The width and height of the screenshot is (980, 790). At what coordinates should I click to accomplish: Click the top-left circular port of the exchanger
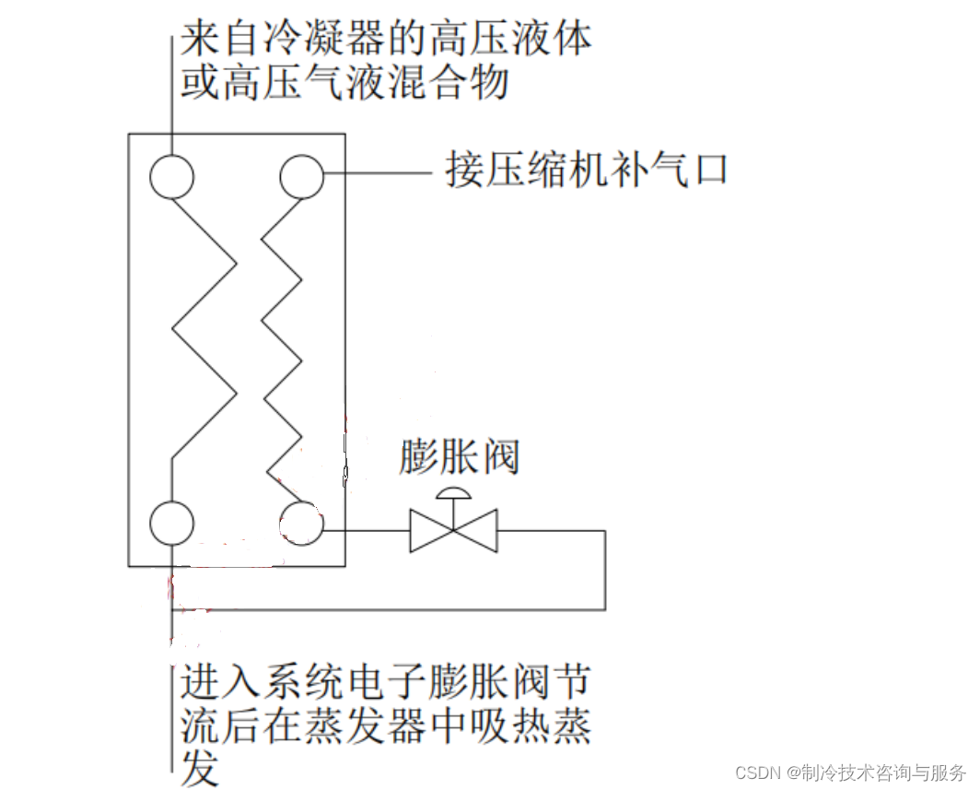(172, 176)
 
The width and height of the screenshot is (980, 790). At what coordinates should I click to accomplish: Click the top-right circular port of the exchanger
(301, 176)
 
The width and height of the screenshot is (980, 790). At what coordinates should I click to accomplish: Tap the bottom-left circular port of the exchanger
(172, 522)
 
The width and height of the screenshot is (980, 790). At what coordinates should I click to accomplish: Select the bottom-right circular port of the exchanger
(301, 522)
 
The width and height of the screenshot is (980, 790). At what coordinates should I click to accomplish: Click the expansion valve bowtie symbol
(453, 531)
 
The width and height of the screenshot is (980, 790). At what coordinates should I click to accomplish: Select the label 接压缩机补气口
(586, 171)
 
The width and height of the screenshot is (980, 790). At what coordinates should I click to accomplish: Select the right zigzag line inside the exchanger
(282, 341)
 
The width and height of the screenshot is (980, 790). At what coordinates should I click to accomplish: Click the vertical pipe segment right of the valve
(605, 570)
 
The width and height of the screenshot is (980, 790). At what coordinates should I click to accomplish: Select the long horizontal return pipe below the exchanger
(387, 609)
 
